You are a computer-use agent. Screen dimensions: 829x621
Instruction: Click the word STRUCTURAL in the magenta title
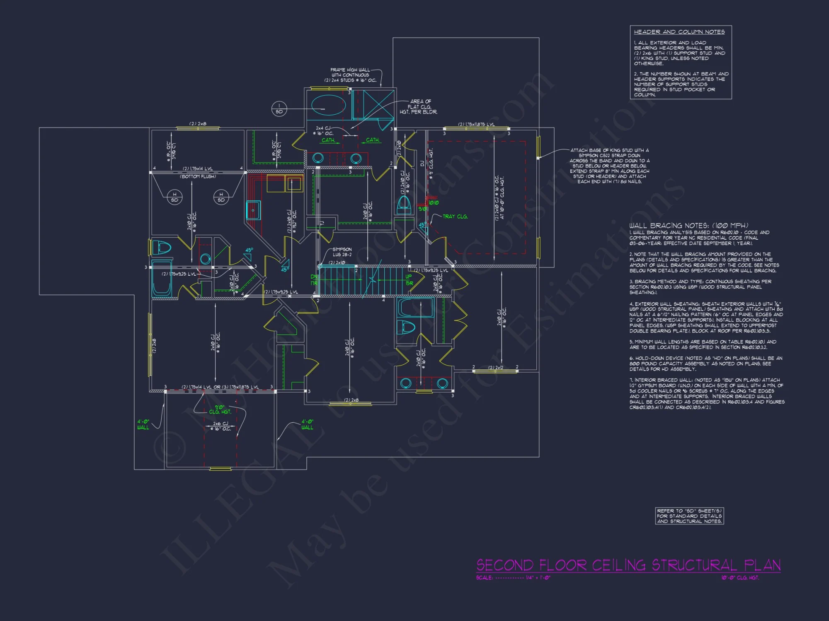[695, 565]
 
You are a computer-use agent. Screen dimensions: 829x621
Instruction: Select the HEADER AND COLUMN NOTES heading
[679, 32]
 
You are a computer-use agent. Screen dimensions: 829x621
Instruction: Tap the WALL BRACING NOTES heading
[688, 226]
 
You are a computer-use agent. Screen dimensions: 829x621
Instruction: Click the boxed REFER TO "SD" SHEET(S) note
[689, 516]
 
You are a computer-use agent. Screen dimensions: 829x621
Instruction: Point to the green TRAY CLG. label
[455, 217]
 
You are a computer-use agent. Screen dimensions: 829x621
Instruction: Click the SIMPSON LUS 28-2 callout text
[342, 252]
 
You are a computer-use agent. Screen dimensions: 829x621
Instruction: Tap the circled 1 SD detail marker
[279, 109]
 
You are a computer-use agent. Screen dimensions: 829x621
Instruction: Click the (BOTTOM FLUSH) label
[198, 177]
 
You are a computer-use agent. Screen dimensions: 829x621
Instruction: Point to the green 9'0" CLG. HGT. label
[220, 409]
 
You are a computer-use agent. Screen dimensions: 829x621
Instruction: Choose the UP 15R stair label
[409, 280]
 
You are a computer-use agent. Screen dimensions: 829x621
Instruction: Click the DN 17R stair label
[314, 280]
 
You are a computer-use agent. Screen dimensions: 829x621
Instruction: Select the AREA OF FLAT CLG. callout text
[419, 106]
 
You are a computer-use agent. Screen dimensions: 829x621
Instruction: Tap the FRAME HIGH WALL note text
[351, 75]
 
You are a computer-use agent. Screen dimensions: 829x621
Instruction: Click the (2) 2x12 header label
[496, 368]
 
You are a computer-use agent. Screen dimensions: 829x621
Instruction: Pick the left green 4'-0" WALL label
[143, 424]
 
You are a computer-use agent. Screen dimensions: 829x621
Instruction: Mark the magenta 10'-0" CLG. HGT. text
[740, 578]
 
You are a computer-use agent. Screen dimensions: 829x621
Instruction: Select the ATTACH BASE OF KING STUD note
[609, 166]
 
